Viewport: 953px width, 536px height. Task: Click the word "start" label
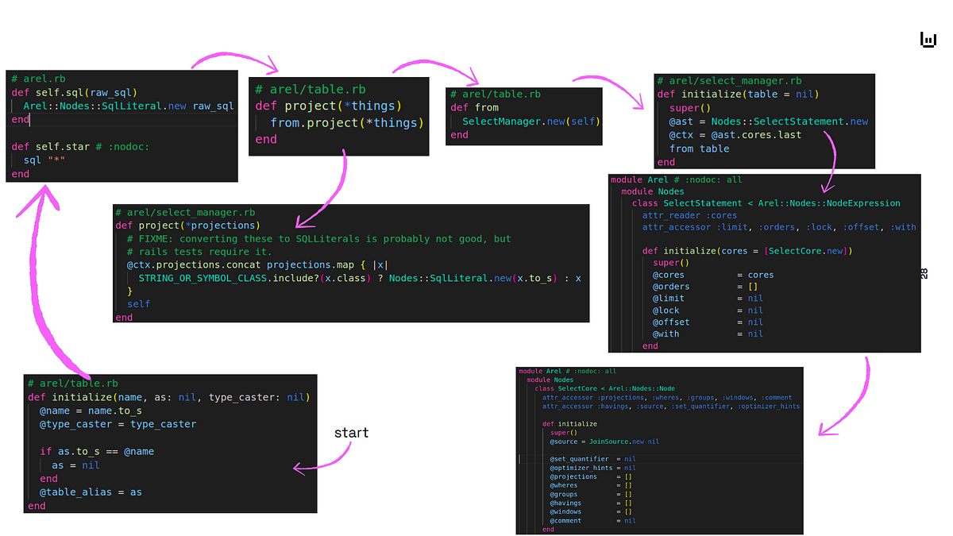[x=351, y=433]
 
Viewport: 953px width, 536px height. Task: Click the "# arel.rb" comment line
[x=38, y=79]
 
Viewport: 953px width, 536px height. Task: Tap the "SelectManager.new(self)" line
[x=531, y=121]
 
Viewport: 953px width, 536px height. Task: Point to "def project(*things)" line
[x=328, y=106]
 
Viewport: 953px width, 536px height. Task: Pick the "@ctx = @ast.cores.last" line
[x=735, y=135]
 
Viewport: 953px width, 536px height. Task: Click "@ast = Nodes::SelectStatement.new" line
[x=768, y=121]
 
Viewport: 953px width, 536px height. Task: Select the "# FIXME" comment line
[x=318, y=238]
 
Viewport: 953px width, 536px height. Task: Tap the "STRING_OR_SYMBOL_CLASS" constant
[x=202, y=278]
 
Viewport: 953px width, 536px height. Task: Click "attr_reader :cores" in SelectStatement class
[x=689, y=215]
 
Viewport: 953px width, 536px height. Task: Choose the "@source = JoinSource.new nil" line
[x=604, y=442]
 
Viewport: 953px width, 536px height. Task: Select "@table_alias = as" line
[x=91, y=492]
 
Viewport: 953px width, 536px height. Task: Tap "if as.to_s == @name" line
[x=97, y=451]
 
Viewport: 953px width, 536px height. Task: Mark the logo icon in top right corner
[x=928, y=40]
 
